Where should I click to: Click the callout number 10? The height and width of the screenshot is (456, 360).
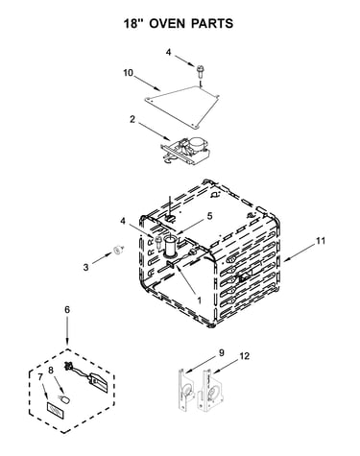click(x=128, y=73)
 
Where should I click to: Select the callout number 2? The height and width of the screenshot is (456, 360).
click(x=132, y=119)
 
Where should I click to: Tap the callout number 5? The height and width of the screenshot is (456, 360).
click(x=209, y=216)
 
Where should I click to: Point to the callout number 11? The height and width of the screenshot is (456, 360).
click(x=321, y=241)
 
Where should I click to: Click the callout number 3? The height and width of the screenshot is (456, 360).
click(x=85, y=267)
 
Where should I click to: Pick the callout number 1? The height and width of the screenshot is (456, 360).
click(x=199, y=300)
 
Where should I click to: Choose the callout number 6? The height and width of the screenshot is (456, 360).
click(x=67, y=310)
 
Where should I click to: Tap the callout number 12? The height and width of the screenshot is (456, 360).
click(x=245, y=356)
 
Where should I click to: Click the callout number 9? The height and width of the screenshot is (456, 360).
click(x=222, y=353)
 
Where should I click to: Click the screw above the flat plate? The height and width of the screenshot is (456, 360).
click(x=201, y=71)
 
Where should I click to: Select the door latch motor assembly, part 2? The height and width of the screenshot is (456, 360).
click(x=185, y=150)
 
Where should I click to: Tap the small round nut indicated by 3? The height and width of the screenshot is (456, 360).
click(x=118, y=250)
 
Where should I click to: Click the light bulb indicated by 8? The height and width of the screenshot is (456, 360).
click(x=63, y=398)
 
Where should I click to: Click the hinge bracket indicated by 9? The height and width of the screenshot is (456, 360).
click(x=186, y=391)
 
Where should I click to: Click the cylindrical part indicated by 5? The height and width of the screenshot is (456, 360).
click(x=171, y=246)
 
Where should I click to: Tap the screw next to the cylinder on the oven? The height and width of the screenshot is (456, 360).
click(x=157, y=241)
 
